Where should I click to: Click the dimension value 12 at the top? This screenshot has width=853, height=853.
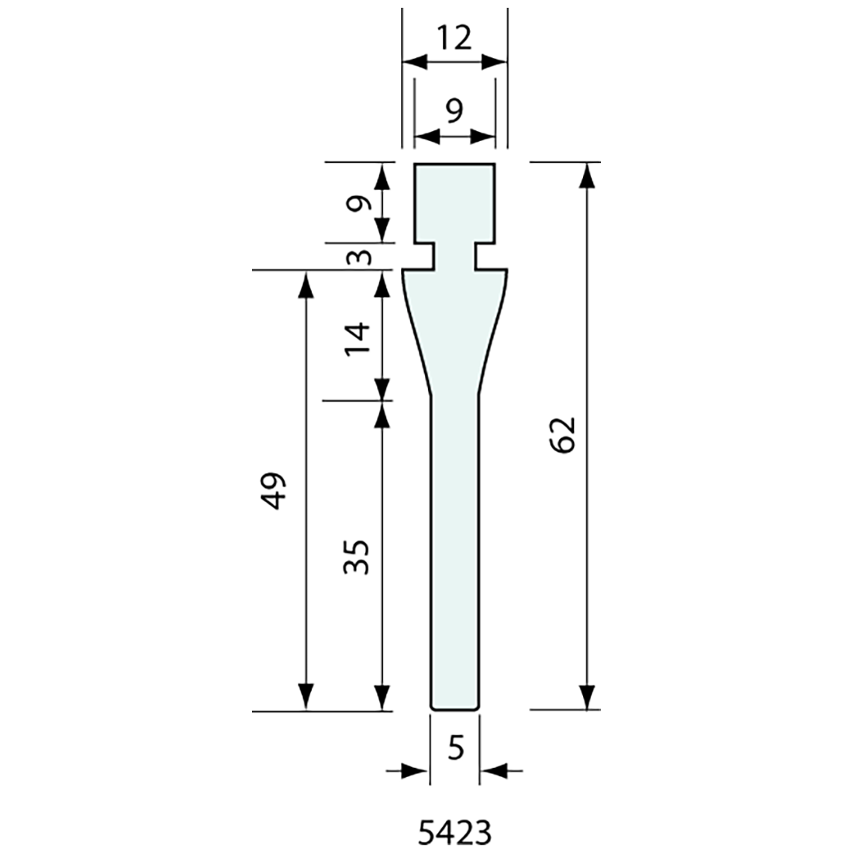[454, 38]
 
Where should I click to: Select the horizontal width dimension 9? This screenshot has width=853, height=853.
[454, 111]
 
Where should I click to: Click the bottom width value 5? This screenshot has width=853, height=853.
[455, 748]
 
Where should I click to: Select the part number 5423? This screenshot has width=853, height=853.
[454, 833]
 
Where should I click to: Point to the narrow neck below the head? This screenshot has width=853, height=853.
[454, 255]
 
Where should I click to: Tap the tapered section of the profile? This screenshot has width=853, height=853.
[454, 333]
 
